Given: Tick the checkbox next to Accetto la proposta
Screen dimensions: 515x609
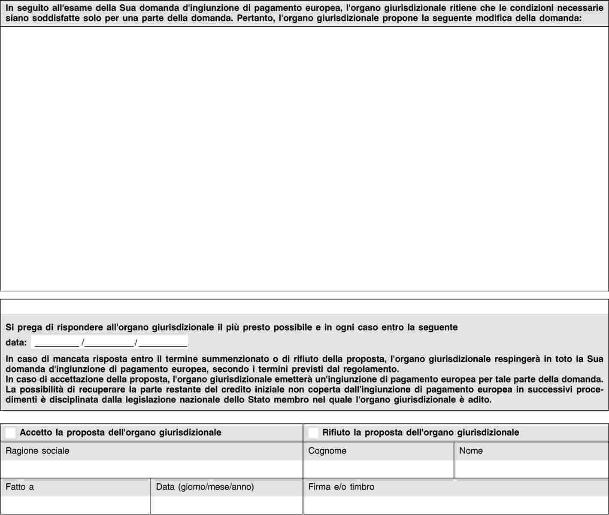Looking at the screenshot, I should coord(11,433).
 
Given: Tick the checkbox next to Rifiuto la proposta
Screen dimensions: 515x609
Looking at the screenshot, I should coord(313,433).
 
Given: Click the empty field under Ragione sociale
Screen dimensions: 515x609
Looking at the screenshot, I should coord(151,469).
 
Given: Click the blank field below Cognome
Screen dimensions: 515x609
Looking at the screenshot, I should coord(378,469).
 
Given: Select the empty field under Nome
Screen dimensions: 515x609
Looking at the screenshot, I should coord(531,469).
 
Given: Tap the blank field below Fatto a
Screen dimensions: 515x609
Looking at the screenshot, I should coord(76,505).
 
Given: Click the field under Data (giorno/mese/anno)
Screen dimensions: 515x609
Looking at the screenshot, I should coord(227,505).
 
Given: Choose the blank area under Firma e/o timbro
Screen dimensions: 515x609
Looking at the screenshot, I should coord(455,505).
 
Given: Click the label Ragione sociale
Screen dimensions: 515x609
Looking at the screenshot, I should coord(37,451).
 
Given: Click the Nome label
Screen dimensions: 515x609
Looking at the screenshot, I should coord(471,451).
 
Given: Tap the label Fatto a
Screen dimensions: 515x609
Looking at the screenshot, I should coord(20,487).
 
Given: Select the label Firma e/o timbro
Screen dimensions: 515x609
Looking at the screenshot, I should coord(341,487).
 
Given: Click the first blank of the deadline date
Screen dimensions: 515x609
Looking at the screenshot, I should coord(57,342).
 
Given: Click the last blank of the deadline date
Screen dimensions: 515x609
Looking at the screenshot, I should coord(164,342).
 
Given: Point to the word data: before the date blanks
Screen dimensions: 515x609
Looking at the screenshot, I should coord(16,343).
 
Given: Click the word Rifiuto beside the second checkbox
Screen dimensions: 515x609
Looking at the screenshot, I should coord(336,433).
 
